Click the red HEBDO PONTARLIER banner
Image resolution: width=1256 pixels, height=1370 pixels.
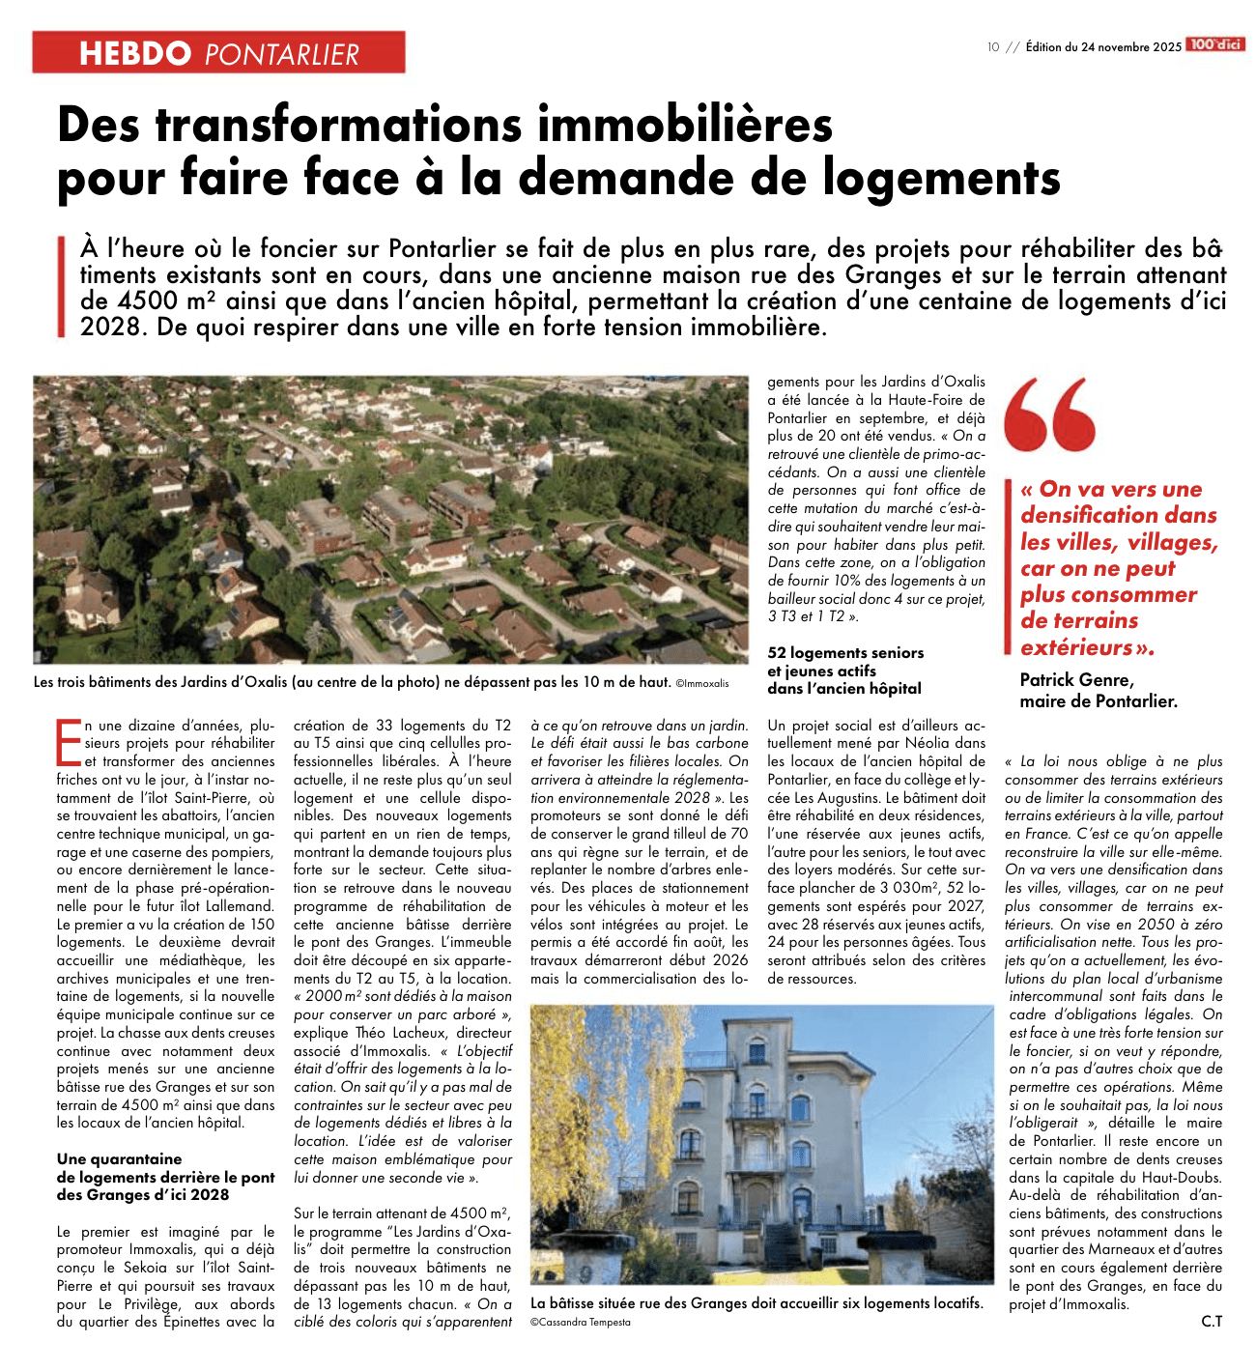click(218, 52)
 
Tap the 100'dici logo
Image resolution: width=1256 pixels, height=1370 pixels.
click(1215, 44)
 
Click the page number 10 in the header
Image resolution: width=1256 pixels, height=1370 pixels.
click(993, 46)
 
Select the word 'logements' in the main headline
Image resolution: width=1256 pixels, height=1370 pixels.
click(942, 178)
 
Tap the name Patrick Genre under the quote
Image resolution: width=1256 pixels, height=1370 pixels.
click(1076, 679)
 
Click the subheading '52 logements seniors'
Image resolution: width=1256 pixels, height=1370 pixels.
click(845, 653)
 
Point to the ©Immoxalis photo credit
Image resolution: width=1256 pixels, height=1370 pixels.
click(702, 683)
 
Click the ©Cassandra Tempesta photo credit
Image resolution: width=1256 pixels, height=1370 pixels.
click(580, 1322)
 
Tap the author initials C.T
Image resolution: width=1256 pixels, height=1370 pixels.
click(1212, 1321)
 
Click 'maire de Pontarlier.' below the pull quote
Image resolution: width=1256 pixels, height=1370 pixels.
click(1099, 701)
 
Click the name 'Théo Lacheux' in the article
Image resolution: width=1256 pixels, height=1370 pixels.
click(403, 1033)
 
